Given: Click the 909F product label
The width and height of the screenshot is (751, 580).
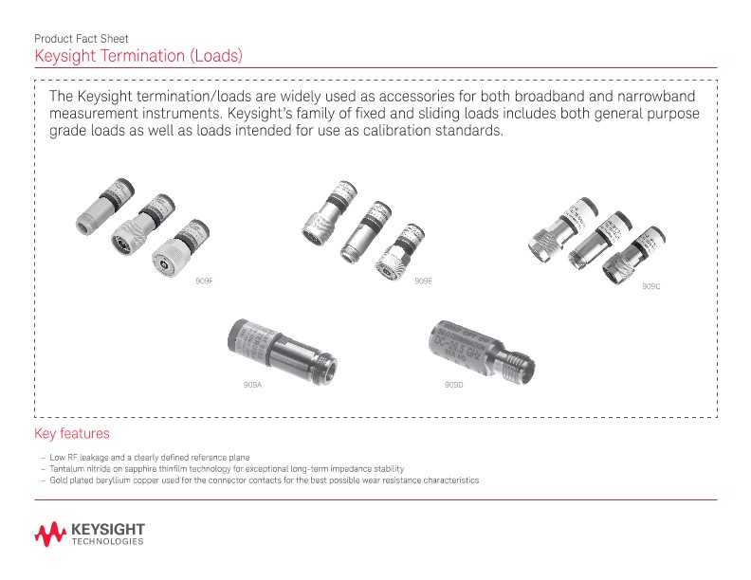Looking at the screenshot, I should [204, 281].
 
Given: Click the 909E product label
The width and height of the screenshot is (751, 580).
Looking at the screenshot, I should [423, 281].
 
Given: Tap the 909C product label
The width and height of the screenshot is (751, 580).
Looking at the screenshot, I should [650, 286].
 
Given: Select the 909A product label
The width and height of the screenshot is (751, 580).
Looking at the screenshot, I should [252, 386].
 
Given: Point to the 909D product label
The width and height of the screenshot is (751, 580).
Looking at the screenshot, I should [453, 386].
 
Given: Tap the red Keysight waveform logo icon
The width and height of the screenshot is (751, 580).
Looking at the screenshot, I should [49, 534].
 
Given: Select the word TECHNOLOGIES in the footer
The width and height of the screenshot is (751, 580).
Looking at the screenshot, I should [107, 542].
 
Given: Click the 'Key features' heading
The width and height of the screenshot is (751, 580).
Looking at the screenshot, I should [72, 434].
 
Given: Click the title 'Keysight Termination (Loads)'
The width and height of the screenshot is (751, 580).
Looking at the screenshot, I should [139, 56].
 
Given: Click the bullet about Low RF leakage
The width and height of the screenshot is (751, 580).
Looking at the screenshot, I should [152, 457].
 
